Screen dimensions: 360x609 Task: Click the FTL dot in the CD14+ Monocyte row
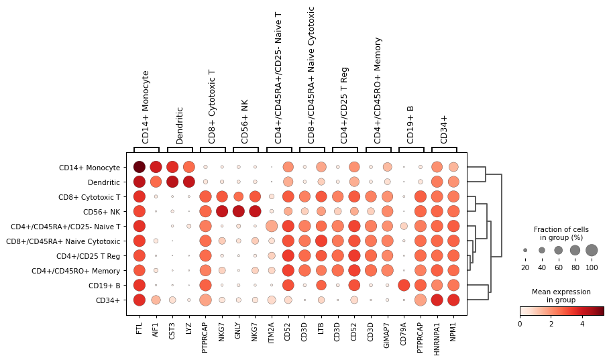139,167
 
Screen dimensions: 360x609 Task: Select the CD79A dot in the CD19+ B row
404,285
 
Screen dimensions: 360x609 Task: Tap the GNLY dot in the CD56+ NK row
238,211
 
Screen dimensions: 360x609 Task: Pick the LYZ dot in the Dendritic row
188,182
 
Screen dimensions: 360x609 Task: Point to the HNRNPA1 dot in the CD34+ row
437,300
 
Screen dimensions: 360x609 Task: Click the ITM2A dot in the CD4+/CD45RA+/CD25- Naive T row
272,226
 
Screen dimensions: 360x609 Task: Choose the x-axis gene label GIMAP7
387,329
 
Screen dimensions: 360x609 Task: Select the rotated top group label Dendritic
180,125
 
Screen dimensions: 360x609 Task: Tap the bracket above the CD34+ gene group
445,148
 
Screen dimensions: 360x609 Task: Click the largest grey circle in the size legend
591,250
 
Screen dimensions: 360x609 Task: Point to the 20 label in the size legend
525,268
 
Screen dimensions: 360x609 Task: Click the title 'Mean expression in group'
561,296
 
